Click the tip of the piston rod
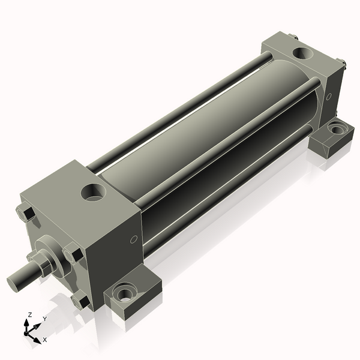tap(14, 282)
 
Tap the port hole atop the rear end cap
tap(300, 53)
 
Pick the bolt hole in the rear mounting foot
tap(338, 127)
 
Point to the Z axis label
tap(29, 315)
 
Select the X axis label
tap(44, 340)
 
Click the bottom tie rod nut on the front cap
tap(78, 299)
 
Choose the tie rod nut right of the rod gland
tap(71, 252)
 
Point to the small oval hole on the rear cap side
tap(328, 97)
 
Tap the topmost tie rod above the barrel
tap(180, 107)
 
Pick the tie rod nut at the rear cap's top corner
tap(295, 38)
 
